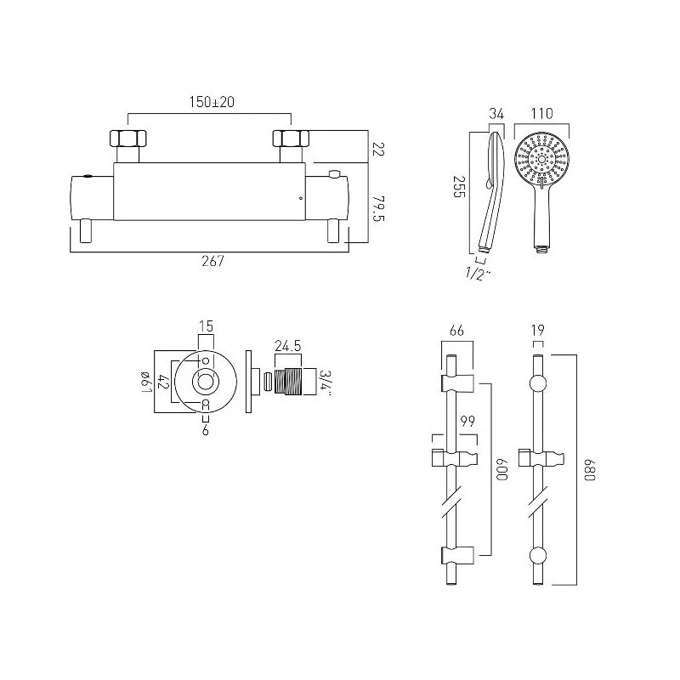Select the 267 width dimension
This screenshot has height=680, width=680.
tap(212, 262)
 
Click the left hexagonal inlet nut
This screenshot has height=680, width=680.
tap(127, 138)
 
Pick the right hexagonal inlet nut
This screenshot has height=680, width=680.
tap(288, 138)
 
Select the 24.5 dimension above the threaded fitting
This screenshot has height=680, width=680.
tap(289, 347)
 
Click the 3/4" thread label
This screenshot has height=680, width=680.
tap(326, 382)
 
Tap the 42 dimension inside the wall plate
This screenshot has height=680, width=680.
tap(162, 383)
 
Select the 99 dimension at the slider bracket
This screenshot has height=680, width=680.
tap(467, 422)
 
